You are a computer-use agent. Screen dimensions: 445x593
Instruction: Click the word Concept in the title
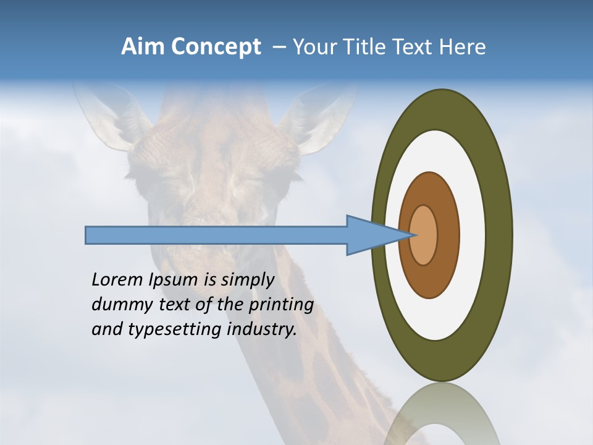[216, 47]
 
